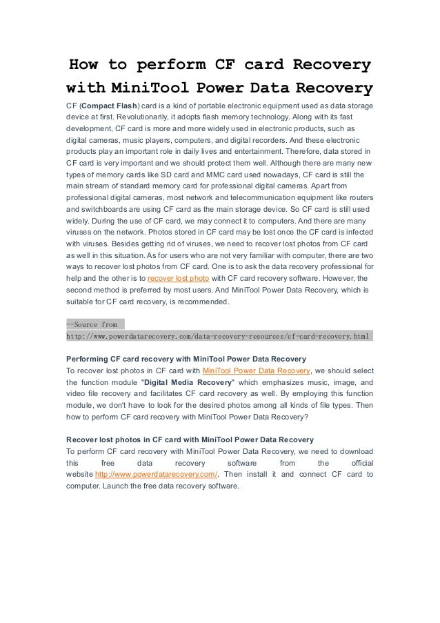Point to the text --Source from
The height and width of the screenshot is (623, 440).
click(x=92, y=324)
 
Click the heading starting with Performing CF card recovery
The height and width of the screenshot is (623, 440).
click(x=186, y=359)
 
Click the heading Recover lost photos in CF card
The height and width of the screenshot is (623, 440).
click(x=190, y=439)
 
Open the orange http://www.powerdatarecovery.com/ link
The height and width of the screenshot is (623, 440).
click(x=156, y=474)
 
